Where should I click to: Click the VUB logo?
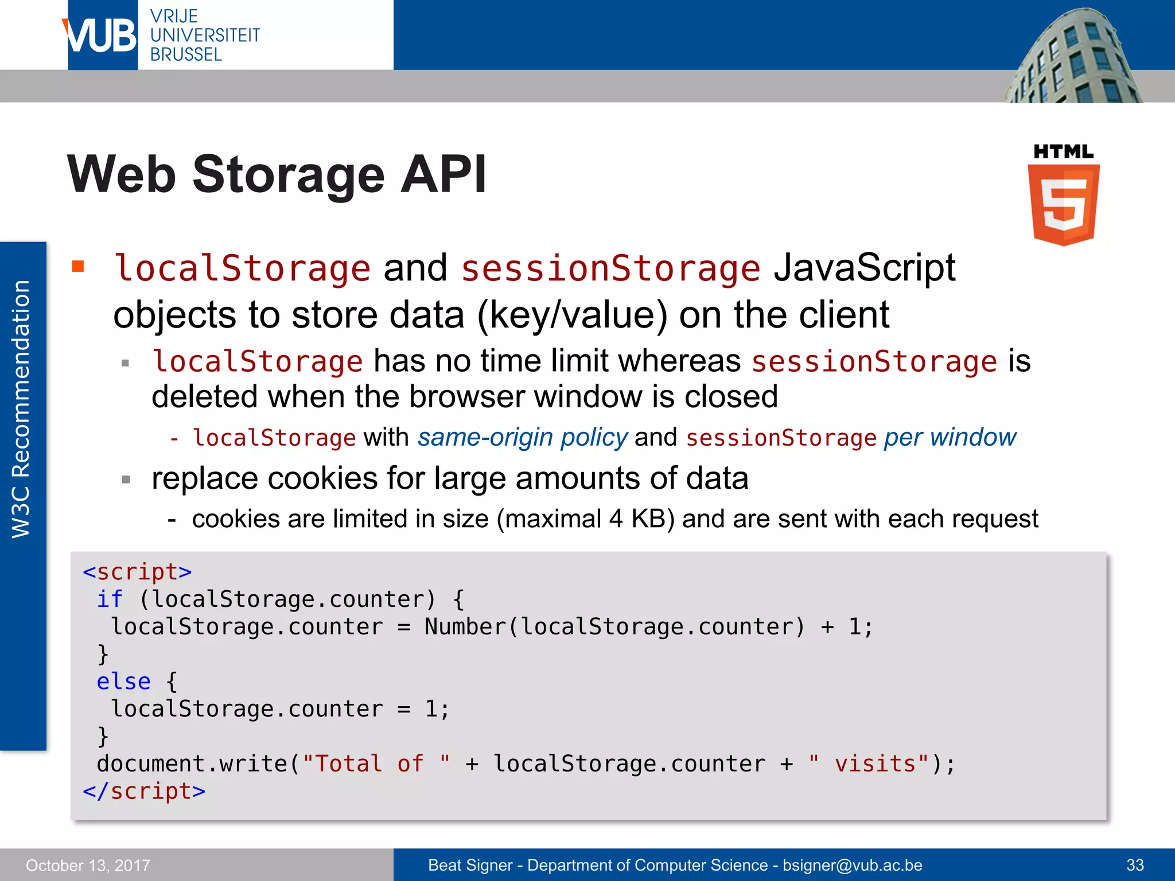coord(102,36)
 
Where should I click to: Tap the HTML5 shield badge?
coord(1063,204)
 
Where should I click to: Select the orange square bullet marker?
coord(78,266)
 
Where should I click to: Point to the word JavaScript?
coord(864,268)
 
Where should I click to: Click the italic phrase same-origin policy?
coord(522,438)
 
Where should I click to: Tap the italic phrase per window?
coord(950,438)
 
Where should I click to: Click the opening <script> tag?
coord(137,572)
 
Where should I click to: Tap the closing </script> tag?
coord(144,792)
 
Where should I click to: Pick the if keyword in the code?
coord(109,599)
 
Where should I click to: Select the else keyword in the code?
coord(123,682)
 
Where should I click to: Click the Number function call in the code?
coord(465,627)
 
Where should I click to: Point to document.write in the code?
coord(192,764)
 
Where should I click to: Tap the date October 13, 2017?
coord(88,865)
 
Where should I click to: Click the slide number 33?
coord(1135,865)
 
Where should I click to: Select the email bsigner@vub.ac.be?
coord(853,865)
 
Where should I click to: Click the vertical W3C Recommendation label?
coord(22,410)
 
